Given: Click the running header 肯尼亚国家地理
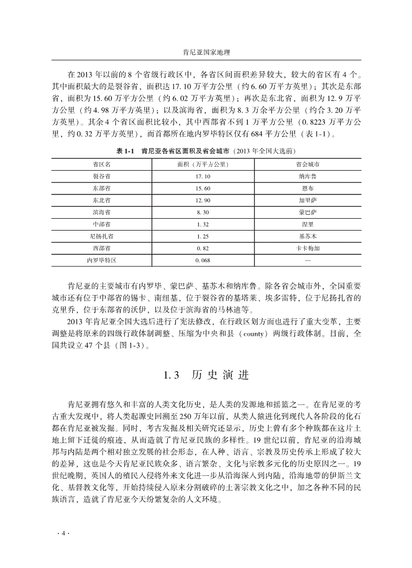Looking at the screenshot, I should point(206,51).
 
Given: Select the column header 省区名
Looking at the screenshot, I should point(102,164).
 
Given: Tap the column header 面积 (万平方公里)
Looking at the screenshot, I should point(203,164).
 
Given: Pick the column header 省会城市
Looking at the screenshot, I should point(307,164).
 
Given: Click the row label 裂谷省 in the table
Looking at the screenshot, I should point(102,176).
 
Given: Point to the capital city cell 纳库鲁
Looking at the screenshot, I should point(307,176).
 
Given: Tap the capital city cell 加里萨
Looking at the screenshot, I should point(307,200).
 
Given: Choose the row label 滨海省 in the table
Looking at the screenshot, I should point(102,212).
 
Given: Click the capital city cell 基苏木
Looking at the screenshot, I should point(307,236).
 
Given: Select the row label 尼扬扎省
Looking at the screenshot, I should point(102,236).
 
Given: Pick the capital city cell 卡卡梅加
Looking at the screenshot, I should point(307,248).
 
